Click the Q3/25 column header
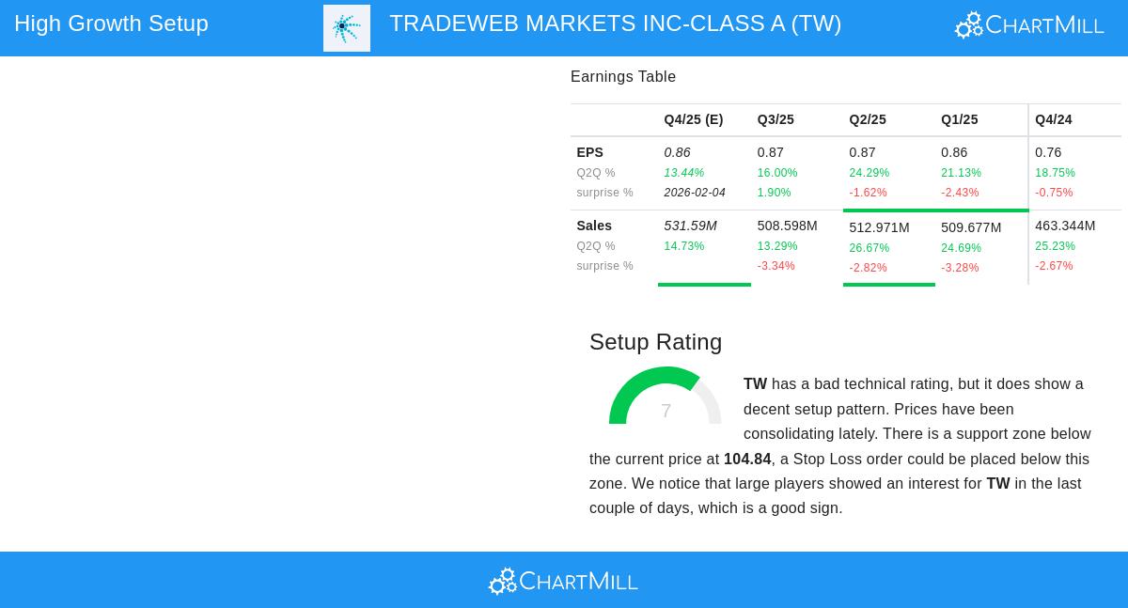pyautogui.click(x=775, y=119)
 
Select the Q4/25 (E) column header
pyautogui.click(x=693, y=119)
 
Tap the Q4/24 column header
pyautogui.click(x=1053, y=119)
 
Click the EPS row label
pyautogui.click(x=589, y=152)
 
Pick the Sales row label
pyautogui.click(x=594, y=226)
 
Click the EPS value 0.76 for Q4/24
pyautogui.click(x=1048, y=152)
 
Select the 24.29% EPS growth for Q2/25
pyautogui.click(x=869, y=173)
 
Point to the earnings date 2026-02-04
pyautogui.click(x=695, y=193)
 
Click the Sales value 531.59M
pyautogui.click(x=690, y=226)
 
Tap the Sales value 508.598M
pyautogui.click(x=787, y=226)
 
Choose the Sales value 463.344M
pyautogui.click(x=1065, y=226)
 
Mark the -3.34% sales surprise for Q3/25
pyautogui.click(x=775, y=266)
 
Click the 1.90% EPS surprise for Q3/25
pyautogui.click(x=774, y=193)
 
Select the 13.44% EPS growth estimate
pyautogui.click(x=683, y=173)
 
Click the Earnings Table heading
pyautogui.click(x=623, y=77)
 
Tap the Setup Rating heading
pyautogui.click(x=655, y=342)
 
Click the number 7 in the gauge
pyautogui.click(x=666, y=411)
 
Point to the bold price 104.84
pyautogui.click(x=747, y=460)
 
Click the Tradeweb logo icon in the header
pyautogui.click(x=347, y=28)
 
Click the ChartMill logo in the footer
pyautogui.click(x=563, y=581)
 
